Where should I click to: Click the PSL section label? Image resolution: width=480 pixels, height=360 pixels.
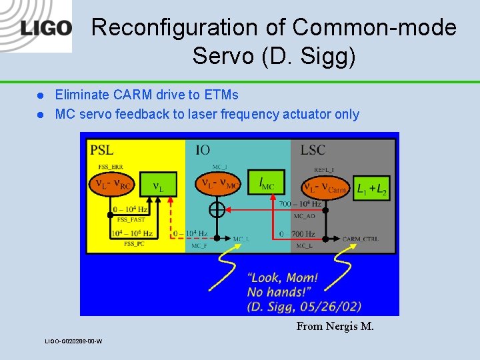pos(101,149)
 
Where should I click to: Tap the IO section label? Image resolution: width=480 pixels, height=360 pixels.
pos(204,149)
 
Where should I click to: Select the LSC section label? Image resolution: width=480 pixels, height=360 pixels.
pos(312,149)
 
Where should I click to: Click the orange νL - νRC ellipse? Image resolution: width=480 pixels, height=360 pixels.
pos(113,185)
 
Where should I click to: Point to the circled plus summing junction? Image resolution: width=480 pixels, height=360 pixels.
pos(217,210)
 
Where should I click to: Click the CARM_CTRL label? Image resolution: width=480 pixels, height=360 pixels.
pos(360,239)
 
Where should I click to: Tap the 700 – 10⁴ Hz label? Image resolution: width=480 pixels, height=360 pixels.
pos(300,204)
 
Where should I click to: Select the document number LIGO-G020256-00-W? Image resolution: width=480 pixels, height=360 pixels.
pos(73,341)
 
